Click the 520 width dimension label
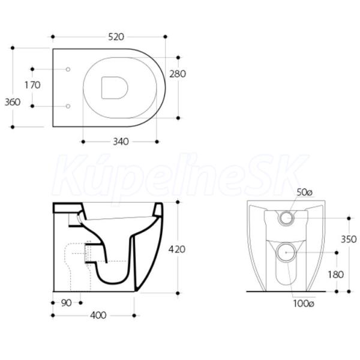pyautogui.click(x=116, y=37)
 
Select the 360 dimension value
pyautogui.click(x=13, y=102)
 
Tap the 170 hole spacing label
pyautogui.click(x=32, y=85)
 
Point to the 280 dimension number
pyautogui.click(x=178, y=74)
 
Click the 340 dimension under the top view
pyautogui.click(x=121, y=142)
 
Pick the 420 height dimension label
pyautogui.click(x=177, y=250)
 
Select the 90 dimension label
pyautogui.click(x=67, y=303)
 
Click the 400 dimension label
pyautogui.click(x=98, y=316)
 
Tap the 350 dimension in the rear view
pyautogui.click(x=349, y=239)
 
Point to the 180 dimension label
pyautogui.click(x=335, y=274)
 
